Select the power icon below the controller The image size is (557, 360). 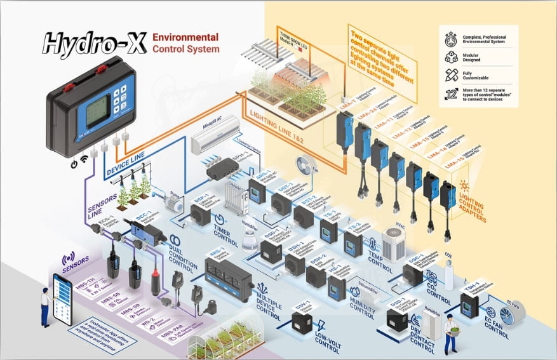74,163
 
